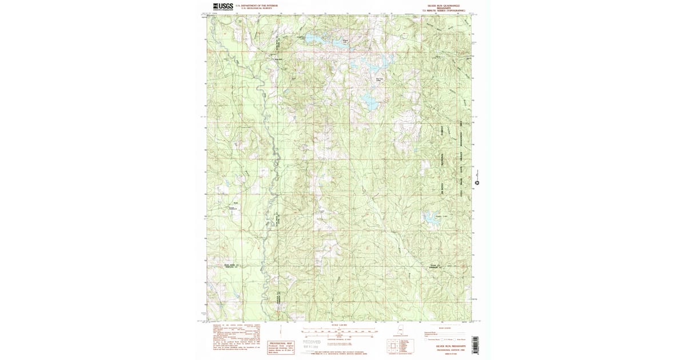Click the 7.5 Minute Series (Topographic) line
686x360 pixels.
(444, 11)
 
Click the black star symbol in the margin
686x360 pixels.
(476, 183)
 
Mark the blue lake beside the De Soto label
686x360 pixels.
(429, 217)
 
